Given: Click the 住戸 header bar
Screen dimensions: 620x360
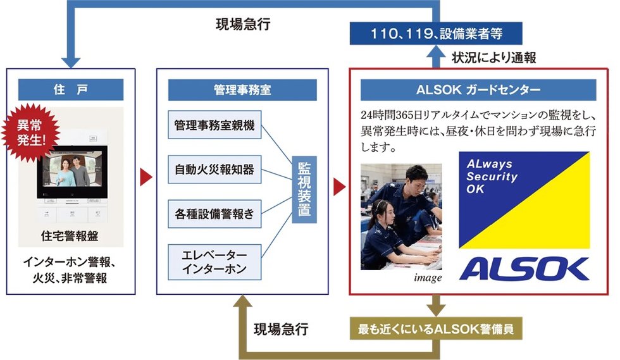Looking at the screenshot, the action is click(x=71, y=90).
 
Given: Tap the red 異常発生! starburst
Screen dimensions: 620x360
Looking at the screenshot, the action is click(x=30, y=132).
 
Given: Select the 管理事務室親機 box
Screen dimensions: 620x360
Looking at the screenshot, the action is click(x=214, y=125).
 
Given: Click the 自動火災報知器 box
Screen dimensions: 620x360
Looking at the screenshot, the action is click(x=214, y=170).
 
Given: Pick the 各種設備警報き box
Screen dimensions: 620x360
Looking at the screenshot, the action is click(x=214, y=214).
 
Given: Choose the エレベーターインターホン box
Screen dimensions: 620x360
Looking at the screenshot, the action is click(x=214, y=262).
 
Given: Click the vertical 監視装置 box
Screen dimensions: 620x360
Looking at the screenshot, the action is click(x=304, y=189).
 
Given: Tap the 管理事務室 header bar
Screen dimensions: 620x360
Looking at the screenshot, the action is click(x=242, y=90).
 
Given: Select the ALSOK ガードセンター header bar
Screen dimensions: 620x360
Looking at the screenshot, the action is click(x=478, y=90).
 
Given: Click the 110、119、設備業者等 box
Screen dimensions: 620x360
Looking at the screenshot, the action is click(x=436, y=34).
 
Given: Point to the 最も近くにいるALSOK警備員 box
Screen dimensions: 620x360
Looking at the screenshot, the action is click(x=436, y=328).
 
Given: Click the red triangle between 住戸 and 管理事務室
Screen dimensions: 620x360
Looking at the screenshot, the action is click(x=146, y=177).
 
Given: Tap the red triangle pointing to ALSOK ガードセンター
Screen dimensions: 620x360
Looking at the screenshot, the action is click(x=339, y=187).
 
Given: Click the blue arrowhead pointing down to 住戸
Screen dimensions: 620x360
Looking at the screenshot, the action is click(x=71, y=63).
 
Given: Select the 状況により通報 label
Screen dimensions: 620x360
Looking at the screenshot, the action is click(x=494, y=58).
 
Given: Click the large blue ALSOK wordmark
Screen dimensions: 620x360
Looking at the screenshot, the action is click(x=524, y=269).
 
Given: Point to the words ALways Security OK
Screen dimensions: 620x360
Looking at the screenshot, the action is click(x=492, y=177).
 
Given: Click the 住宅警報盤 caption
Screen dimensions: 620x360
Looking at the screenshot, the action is click(x=70, y=236).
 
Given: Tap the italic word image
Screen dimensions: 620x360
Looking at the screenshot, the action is click(x=428, y=278).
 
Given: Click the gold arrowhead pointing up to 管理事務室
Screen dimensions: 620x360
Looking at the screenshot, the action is click(x=242, y=301).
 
